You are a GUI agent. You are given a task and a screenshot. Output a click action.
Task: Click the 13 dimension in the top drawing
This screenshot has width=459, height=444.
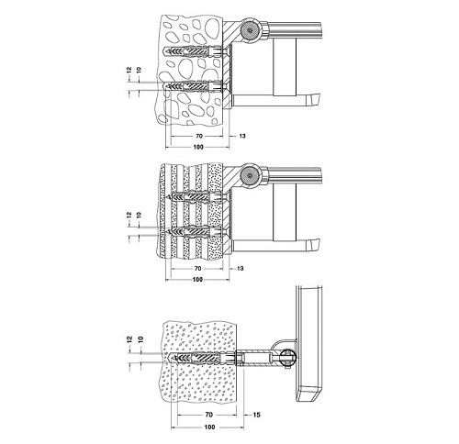(242, 136)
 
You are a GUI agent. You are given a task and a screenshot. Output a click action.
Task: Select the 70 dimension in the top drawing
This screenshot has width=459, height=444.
(199, 136)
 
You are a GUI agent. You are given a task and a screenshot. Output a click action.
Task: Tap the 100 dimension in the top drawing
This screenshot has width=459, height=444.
(198, 147)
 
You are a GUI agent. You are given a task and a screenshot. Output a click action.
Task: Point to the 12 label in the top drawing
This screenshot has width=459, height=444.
(129, 70)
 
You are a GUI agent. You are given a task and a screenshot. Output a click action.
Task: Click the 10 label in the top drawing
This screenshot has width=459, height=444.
(140, 70)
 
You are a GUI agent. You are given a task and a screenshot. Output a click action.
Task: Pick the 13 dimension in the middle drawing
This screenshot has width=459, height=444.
(241, 269)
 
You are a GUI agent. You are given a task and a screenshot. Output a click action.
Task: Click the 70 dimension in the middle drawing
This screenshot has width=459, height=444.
(198, 269)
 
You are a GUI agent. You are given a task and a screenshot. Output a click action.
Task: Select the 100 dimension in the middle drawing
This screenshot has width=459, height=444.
(198, 280)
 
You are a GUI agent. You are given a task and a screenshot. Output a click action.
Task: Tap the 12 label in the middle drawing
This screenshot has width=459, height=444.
(129, 215)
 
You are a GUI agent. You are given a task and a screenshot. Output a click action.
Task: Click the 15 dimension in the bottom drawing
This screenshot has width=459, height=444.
(256, 415)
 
